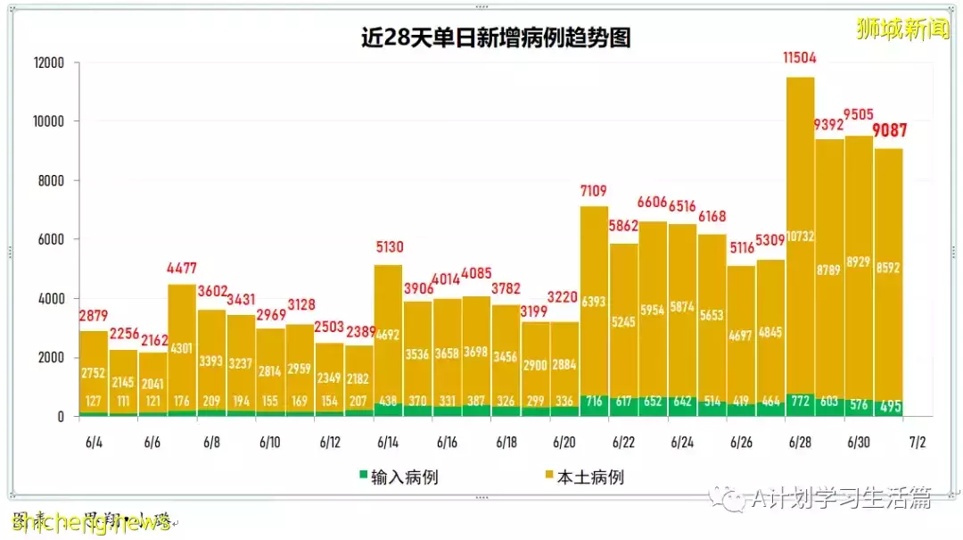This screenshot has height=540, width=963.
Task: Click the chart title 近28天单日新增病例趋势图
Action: pyautogui.click(x=497, y=37)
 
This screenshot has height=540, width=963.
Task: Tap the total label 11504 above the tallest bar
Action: pyautogui.click(x=800, y=59)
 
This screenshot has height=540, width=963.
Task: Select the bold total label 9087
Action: pyautogui.click(x=889, y=131)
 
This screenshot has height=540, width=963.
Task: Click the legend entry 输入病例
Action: pyautogui.click(x=399, y=478)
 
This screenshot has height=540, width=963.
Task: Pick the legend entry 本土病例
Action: pyautogui.click(x=583, y=478)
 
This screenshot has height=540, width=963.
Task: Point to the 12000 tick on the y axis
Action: pyautogui.click(x=50, y=63)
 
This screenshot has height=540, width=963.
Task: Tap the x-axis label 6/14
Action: pyautogui.click(x=388, y=443)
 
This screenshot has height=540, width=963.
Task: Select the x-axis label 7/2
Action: pyautogui.click(x=918, y=443)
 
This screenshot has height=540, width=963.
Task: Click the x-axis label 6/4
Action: pyautogui.click(x=94, y=443)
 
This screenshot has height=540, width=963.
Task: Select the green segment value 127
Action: pyautogui.click(x=94, y=401)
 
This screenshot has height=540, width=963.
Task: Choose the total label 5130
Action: pyautogui.click(x=389, y=248)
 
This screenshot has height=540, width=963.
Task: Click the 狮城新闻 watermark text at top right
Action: pyautogui.click(x=902, y=29)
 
